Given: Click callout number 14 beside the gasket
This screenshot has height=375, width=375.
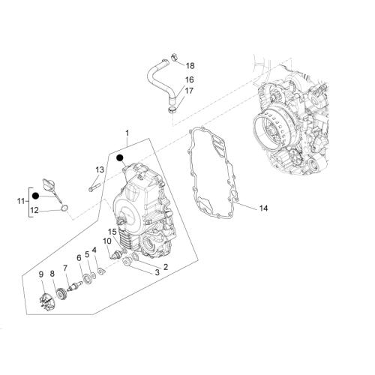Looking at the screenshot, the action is tap(263, 208).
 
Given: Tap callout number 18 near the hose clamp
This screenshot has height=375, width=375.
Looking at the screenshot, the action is tap(190, 66).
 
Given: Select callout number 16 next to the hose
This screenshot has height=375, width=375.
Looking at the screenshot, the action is tap(189, 79).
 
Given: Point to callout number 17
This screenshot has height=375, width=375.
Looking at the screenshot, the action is tap(189, 91).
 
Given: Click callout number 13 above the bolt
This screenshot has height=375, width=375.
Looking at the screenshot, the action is tap(100, 170).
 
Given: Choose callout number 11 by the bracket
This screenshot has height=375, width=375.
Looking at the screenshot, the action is tap(21, 201).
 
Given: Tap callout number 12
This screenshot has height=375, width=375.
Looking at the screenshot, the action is tap(34, 211).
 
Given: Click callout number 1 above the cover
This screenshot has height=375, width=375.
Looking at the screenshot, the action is tap(127, 133).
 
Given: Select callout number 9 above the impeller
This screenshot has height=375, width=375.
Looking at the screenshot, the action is tap(41, 274).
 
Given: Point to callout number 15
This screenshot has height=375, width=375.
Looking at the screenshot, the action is tap(112, 232).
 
